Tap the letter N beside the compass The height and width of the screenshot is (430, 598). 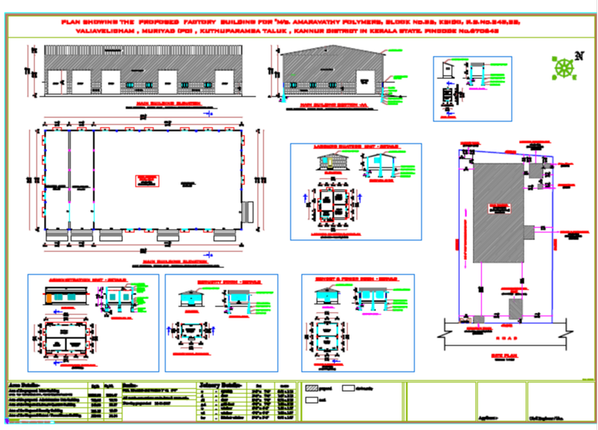coord(579,57)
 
